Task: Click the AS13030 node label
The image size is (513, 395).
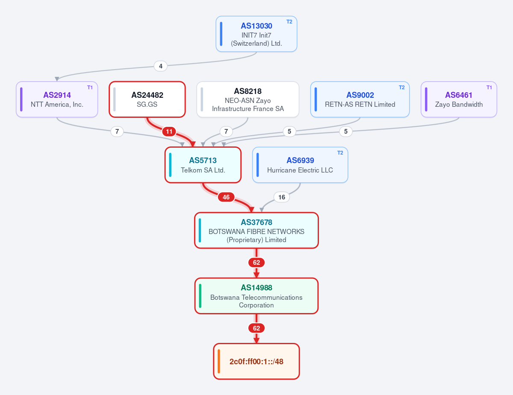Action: [256, 26]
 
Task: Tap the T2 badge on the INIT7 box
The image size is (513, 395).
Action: [289, 22]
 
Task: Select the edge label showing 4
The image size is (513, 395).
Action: [161, 66]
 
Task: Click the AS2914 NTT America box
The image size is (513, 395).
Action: [57, 99]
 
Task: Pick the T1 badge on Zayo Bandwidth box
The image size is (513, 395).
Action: [489, 88]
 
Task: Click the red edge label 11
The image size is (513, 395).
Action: [169, 132]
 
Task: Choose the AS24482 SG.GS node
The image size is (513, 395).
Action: [147, 99]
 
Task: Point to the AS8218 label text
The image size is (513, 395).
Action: [248, 91]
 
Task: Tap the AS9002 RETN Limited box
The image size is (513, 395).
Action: [360, 99]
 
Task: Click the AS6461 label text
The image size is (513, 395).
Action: [459, 95]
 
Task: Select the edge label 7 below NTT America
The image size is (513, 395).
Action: [117, 132]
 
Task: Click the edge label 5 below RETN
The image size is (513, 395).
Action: [289, 132]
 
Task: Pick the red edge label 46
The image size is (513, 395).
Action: [226, 197]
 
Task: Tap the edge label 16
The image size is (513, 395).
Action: [282, 197]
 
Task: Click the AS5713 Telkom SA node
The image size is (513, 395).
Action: [203, 165]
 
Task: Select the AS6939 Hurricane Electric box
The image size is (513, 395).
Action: [300, 165]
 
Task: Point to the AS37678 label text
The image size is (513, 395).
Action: [256, 222]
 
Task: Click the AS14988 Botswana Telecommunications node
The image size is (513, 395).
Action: [256, 296]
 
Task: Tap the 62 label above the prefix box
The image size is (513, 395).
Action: [256, 328]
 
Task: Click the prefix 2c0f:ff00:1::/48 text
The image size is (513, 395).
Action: [256, 362]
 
